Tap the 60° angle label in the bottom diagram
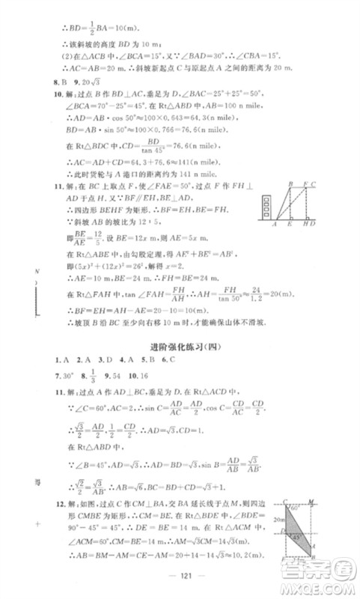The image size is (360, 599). [296, 508]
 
